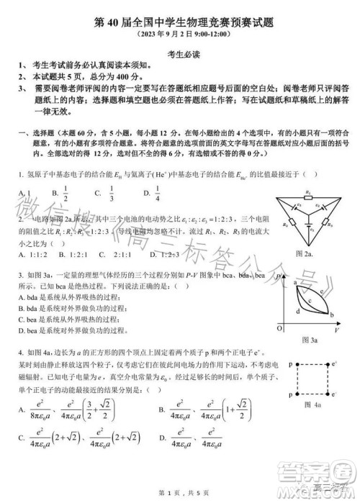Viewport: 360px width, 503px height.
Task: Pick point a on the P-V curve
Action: click(295, 284)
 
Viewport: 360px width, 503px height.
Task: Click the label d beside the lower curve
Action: click(297, 311)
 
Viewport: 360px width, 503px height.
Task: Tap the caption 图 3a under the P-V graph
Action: click(310, 339)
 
